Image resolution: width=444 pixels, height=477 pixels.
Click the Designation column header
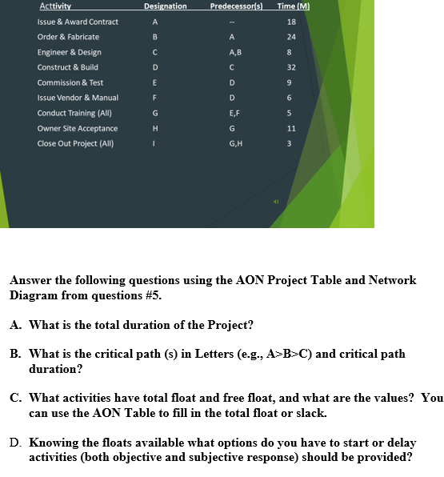(165, 6)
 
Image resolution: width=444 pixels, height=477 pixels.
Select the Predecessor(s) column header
(233, 6)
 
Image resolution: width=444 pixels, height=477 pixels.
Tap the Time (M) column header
(292, 6)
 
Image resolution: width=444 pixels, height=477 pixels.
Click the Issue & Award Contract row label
(78, 22)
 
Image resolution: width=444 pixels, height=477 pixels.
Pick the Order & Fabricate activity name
(68, 37)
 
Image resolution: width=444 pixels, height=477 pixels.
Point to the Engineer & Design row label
(69, 52)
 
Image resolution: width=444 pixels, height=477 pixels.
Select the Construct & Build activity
(68, 67)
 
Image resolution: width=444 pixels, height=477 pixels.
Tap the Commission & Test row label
(70, 82)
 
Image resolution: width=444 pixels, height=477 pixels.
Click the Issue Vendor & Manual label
(78, 98)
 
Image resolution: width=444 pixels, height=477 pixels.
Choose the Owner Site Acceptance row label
(78, 128)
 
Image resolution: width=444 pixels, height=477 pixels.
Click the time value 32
(291, 67)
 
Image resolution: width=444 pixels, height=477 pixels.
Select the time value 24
(291, 37)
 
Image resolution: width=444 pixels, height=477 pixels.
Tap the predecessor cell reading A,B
(231, 52)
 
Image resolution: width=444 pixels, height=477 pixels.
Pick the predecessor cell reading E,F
(231, 113)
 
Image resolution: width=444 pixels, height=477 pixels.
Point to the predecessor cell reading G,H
(231, 143)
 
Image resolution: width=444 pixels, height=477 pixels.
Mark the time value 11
(291, 128)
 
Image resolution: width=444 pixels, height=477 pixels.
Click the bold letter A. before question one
(17, 325)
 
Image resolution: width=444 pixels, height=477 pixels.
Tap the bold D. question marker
(17, 443)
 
